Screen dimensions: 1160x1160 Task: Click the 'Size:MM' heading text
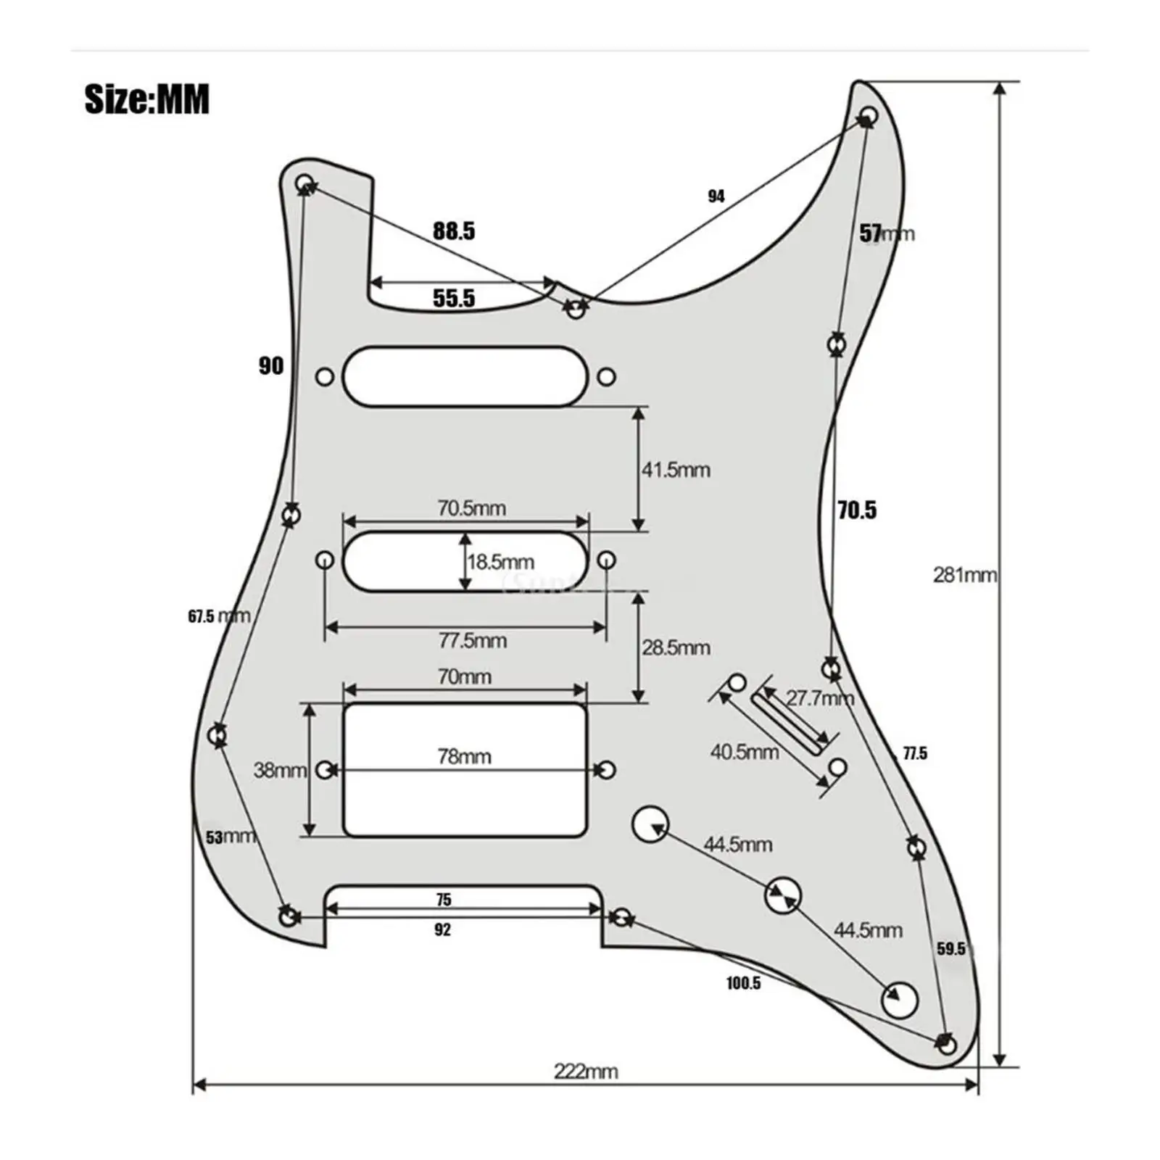[x=147, y=99]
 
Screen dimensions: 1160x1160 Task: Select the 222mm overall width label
[x=586, y=1071]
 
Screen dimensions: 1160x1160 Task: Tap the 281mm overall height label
[x=964, y=575]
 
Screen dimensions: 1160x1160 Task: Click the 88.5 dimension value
[x=454, y=231]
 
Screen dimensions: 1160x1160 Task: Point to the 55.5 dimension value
[x=454, y=298]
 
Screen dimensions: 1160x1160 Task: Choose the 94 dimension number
[x=716, y=196]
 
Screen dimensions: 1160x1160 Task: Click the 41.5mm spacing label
[x=675, y=470]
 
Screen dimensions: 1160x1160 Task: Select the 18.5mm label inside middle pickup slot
[x=500, y=562]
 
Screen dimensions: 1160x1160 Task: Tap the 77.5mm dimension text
[x=472, y=640]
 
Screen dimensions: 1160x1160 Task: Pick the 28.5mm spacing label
[x=675, y=647]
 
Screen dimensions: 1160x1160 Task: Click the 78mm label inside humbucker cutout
[x=464, y=756]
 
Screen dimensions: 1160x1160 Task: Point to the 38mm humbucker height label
[x=279, y=770]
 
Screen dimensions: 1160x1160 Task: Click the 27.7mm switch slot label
[x=819, y=698]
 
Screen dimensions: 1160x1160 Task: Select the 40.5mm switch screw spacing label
[x=744, y=751]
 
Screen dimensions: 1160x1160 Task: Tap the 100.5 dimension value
[x=743, y=983]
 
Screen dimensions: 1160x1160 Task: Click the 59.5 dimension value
[x=950, y=949]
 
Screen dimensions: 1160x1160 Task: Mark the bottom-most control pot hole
[x=899, y=1000]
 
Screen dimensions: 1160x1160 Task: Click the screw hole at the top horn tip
[x=869, y=115]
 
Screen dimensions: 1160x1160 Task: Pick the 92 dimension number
[x=442, y=930]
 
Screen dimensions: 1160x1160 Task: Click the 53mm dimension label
[x=230, y=837]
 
